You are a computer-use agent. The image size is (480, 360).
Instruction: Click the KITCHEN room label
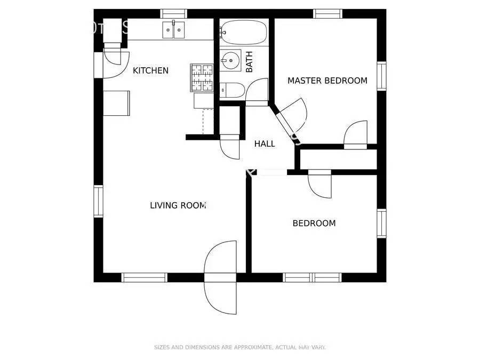click(150, 70)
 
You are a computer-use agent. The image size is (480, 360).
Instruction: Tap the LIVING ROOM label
click(178, 205)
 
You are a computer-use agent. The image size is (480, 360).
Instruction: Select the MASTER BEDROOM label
click(327, 81)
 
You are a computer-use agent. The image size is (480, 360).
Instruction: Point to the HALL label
click(265, 143)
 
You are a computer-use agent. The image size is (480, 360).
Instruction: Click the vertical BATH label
click(249, 62)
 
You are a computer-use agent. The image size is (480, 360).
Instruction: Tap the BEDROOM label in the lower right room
click(314, 223)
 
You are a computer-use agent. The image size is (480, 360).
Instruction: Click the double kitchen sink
click(174, 30)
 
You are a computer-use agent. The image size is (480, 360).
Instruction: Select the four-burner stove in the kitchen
click(202, 78)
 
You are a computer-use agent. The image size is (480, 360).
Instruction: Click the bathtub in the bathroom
click(243, 33)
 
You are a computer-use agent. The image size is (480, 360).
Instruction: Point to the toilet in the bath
click(233, 90)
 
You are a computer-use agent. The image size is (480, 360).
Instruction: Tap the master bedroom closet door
click(355, 135)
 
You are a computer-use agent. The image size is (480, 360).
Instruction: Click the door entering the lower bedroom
click(320, 184)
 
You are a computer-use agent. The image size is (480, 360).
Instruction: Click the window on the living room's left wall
click(98, 201)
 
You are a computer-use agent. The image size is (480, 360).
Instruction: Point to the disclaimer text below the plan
click(239, 347)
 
